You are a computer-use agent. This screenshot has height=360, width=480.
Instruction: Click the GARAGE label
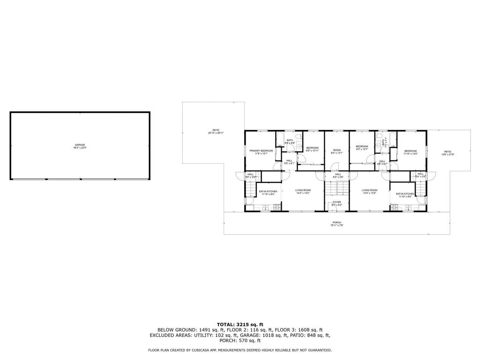tap(80, 145)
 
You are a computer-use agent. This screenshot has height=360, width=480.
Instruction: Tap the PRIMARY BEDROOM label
tap(261, 150)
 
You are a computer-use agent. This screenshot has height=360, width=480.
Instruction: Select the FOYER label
tap(337, 202)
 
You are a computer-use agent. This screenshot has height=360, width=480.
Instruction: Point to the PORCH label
tap(337, 223)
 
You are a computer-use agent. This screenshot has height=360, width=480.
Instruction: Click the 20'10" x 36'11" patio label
tap(216, 130)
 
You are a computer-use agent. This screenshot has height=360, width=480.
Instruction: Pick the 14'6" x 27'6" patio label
tap(448, 152)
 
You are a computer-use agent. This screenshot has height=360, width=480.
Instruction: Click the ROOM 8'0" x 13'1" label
tap(337, 150)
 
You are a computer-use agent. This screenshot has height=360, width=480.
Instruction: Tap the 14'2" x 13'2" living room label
tap(303, 190)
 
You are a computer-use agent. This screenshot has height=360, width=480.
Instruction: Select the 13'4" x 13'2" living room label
tap(369, 190)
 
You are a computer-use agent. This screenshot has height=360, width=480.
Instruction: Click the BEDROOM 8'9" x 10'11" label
tap(313, 148)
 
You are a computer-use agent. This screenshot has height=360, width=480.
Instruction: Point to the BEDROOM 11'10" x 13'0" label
tap(411, 150)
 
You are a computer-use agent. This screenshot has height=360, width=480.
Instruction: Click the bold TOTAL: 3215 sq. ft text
tap(240, 324)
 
